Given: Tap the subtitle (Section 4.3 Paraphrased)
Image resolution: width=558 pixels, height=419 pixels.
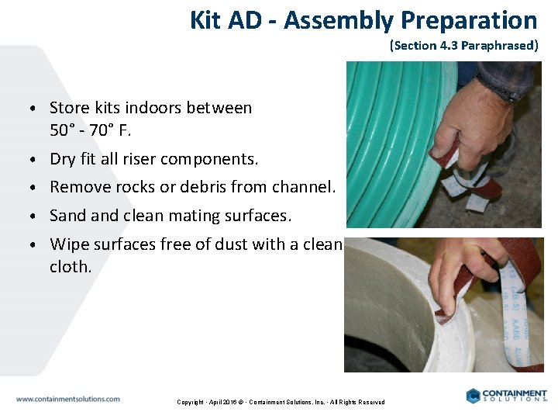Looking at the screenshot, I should click(x=463, y=45).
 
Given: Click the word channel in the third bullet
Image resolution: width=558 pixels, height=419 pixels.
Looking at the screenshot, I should click(x=307, y=187).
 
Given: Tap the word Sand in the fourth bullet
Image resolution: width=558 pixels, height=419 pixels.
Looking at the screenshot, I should click(x=66, y=215).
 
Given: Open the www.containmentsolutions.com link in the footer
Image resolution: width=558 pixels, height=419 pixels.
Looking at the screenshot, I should click(x=68, y=399).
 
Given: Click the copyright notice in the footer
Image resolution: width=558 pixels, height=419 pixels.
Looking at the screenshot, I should click(x=281, y=402).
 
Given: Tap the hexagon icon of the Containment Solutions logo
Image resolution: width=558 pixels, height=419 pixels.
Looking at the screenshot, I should click(x=474, y=396).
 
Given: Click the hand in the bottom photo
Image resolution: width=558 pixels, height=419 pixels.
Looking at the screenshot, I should click(x=465, y=272).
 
